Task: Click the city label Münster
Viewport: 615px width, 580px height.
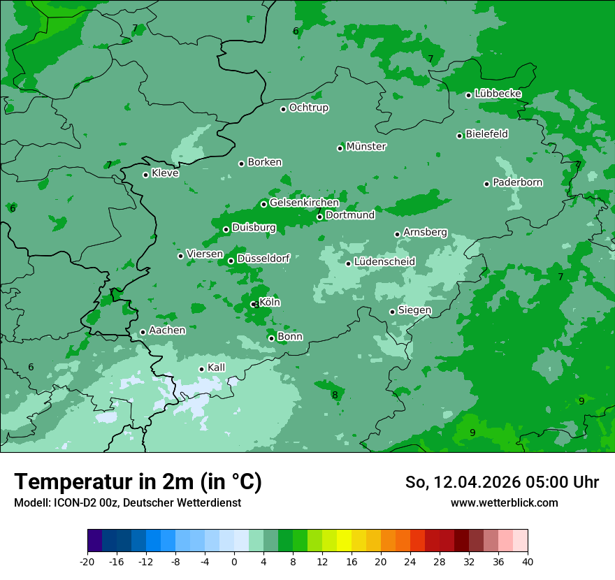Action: click(366, 147)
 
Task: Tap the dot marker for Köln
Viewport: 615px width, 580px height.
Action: click(253, 305)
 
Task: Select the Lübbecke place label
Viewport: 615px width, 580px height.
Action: click(498, 94)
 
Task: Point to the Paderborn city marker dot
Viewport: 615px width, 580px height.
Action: click(487, 184)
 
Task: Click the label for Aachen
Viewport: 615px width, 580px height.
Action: click(167, 331)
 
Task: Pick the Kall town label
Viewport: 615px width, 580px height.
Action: click(217, 368)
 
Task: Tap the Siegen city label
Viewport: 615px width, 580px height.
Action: click(414, 310)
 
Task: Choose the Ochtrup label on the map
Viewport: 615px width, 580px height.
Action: click(309, 108)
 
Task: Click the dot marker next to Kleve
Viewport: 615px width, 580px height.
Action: click(145, 175)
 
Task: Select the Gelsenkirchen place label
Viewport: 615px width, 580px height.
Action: click(304, 203)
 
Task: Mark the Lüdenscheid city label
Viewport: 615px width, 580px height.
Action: click(384, 262)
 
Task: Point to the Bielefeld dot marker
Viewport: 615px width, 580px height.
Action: click(460, 136)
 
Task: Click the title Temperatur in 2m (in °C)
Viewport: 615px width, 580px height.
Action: click(138, 482)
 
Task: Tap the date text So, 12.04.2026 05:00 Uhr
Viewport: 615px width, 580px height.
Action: click(502, 482)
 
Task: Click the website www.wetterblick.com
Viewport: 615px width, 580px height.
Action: click(504, 502)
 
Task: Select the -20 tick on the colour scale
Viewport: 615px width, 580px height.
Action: click(87, 562)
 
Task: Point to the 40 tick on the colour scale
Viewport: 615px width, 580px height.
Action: click(528, 562)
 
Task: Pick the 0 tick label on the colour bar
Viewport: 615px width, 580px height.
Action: click(234, 562)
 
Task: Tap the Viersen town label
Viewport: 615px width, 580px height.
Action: click(205, 254)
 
